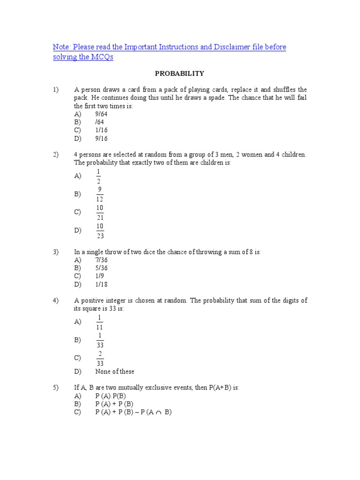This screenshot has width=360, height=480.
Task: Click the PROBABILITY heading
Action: tap(180, 74)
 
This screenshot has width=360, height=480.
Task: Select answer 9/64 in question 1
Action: tap(102, 114)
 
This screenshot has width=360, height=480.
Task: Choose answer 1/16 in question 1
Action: tap(102, 130)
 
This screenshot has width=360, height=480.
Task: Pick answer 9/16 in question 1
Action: tap(102, 139)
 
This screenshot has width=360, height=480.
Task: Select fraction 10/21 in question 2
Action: tap(100, 212)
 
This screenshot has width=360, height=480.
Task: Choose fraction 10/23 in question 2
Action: tap(100, 231)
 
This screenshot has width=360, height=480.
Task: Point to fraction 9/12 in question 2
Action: tap(100, 194)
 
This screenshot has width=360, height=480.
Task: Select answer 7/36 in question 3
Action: tap(102, 260)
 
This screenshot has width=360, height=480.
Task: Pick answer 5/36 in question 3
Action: tap(102, 268)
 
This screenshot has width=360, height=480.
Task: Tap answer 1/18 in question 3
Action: tap(102, 285)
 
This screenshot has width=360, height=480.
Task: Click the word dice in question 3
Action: tap(142, 252)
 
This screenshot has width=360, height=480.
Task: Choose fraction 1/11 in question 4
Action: tap(99, 322)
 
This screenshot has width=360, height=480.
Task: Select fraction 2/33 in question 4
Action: tap(99, 358)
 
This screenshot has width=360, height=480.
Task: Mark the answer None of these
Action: tap(114, 372)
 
